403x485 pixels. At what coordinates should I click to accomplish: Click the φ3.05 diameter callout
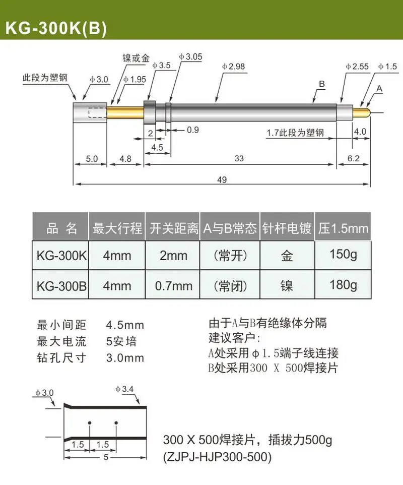(x=191, y=57)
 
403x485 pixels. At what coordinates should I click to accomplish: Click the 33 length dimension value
(x=239, y=158)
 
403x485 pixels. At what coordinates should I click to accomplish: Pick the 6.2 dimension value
(x=354, y=158)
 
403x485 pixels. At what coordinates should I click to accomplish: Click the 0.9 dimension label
(x=193, y=130)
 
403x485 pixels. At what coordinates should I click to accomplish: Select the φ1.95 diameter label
(x=135, y=79)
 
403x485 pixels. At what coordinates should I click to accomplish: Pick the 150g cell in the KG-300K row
(x=343, y=255)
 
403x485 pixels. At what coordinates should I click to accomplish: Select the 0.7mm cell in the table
(x=173, y=285)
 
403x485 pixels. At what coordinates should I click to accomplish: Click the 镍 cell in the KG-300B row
(x=287, y=285)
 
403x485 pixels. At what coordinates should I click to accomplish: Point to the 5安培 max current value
(x=121, y=341)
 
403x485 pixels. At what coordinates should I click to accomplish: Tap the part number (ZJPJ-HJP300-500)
(x=217, y=457)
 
